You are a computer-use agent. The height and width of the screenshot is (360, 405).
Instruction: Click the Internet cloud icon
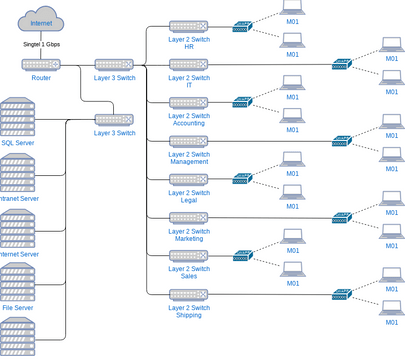42,19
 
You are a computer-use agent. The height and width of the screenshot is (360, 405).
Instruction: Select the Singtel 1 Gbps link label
42,45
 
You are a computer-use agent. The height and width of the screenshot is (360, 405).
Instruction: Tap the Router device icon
42,64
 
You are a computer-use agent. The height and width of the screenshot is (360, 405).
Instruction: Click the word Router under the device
42,77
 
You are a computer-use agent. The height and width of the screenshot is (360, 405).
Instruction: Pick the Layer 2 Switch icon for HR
188,26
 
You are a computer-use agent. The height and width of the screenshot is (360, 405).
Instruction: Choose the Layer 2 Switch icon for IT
188,64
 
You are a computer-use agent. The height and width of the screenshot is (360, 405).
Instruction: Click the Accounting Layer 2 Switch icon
188,102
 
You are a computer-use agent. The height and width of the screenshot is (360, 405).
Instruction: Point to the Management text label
189,161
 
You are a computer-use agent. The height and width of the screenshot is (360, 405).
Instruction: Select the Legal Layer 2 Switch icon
188,179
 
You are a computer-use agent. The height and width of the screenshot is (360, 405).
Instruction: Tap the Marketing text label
189,239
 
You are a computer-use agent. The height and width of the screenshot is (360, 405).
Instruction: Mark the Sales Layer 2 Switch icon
188,256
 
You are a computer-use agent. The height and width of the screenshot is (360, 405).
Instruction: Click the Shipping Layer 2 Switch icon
188,294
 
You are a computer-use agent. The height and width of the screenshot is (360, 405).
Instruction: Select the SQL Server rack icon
20,118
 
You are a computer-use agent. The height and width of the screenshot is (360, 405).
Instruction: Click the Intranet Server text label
20,198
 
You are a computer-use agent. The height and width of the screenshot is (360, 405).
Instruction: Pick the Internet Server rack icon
20,229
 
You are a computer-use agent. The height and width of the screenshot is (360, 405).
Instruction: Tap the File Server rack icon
18,283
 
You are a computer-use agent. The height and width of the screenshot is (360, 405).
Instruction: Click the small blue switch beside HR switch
241,27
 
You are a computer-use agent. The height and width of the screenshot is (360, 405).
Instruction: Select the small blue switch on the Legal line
241,179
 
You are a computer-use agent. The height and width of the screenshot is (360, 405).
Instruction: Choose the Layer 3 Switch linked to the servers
114,120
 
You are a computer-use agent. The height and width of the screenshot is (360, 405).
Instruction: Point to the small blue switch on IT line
342,65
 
